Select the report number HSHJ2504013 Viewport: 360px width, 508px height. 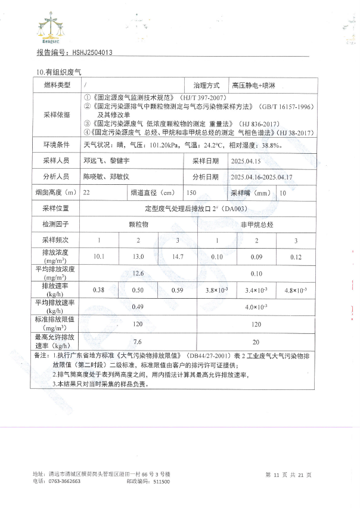tap(91, 52)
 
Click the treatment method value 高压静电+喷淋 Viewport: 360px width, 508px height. tap(253, 86)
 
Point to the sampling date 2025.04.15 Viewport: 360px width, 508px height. tap(246, 161)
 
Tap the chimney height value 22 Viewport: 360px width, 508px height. tap(88, 193)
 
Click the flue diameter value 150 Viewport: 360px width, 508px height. tap(191, 193)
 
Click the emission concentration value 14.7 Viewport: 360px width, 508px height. tap(177, 256)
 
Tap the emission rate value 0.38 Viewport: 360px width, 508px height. tap(99, 290)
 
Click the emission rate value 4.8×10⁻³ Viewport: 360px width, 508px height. tap(296, 290)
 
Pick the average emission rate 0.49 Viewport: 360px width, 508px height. tap(138, 307)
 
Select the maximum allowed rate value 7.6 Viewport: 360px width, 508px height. tap(138, 342)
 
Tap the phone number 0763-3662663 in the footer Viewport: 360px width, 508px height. tap(64, 481)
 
